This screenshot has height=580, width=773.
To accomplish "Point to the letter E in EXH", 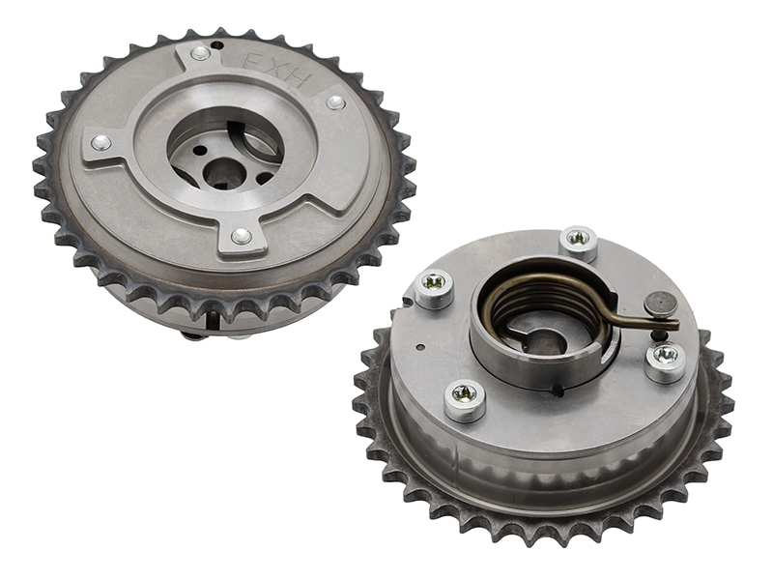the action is pos(254,60).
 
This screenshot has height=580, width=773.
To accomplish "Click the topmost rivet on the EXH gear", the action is pos(201,53).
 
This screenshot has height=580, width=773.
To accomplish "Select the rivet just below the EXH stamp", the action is pos(335,102).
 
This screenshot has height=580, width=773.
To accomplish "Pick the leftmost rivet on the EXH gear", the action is pos(101,142).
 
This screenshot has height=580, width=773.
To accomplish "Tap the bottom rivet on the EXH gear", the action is pos(241,236).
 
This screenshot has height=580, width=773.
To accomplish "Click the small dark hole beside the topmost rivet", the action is pos(216,45).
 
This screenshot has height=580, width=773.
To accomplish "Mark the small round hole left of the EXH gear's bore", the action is pos(199,149).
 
